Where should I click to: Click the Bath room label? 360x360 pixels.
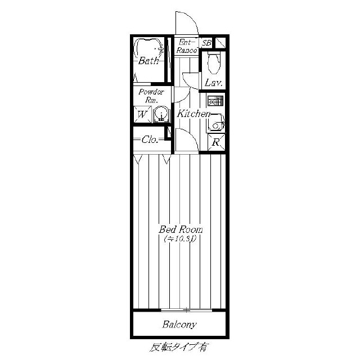[148, 61]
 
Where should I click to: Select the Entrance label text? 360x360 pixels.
[187, 46]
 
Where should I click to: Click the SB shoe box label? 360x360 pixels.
[206, 43]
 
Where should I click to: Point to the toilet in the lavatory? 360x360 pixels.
[214, 62]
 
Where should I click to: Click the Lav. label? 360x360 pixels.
[214, 83]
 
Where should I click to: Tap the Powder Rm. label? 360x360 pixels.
[151, 96]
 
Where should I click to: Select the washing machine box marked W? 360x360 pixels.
[142, 114]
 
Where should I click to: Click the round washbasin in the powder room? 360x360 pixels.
[162, 114]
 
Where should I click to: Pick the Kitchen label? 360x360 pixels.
[193, 114]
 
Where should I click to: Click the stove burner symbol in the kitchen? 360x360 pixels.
[215, 101]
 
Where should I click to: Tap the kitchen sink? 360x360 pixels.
[215, 123]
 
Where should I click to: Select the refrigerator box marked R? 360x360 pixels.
[216, 142]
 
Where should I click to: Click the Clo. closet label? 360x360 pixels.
[150, 139]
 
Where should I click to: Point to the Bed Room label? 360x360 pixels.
[181, 229]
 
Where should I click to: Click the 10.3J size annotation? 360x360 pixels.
[180, 239]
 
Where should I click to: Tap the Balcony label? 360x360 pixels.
[179, 325]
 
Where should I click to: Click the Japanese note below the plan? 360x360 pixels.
[179, 348]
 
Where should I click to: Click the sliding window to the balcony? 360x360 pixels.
[186, 310]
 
